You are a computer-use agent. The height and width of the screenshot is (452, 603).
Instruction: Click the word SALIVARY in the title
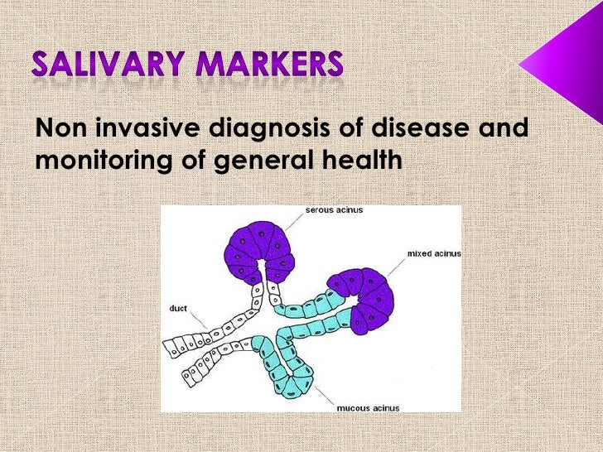tap(112, 65)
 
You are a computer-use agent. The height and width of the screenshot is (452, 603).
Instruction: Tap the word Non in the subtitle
tap(62, 129)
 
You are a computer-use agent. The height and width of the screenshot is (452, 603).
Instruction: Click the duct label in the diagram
tap(177, 308)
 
